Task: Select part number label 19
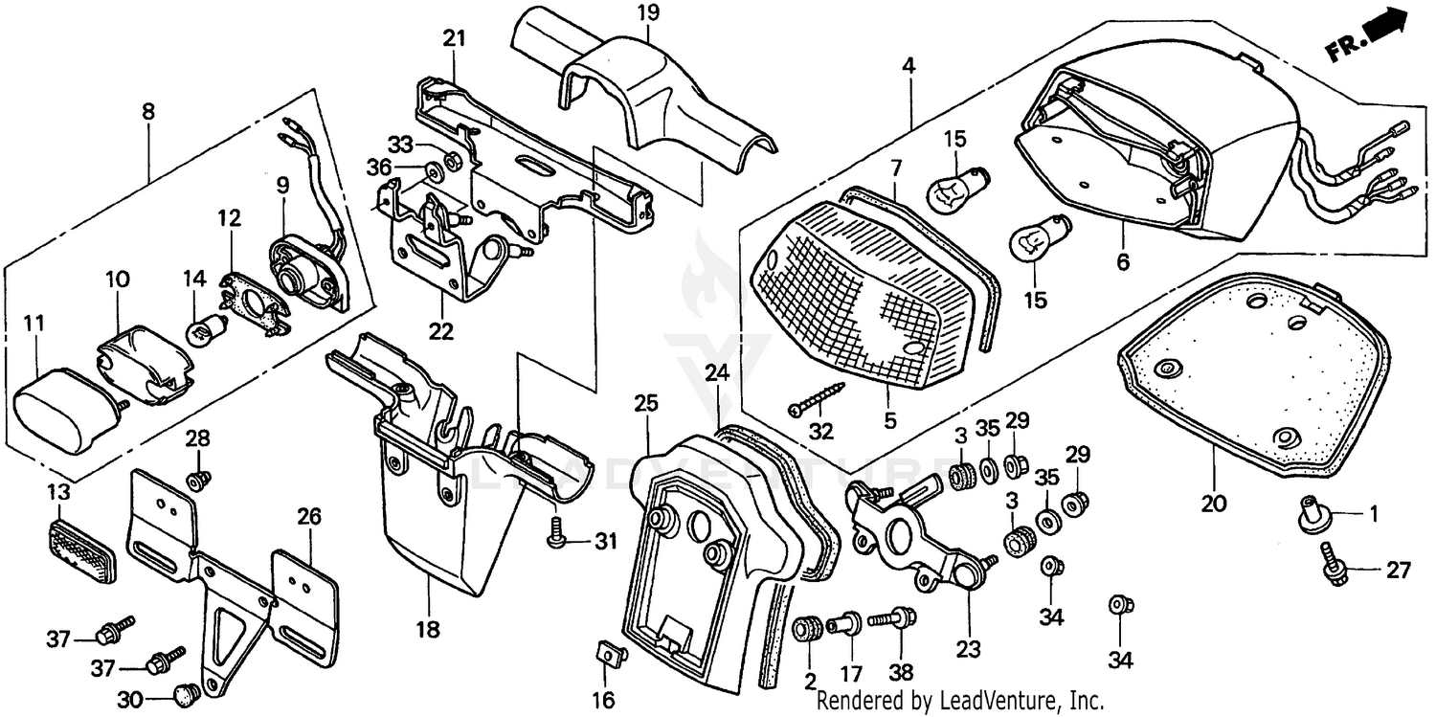pyautogui.click(x=648, y=12)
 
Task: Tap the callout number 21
pyautogui.click(x=453, y=38)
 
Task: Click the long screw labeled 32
pyautogui.click(x=819, y=398)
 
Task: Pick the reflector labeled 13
pyautogui.click(x=80, y=551)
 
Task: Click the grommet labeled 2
pyautogui.click(x=808, y=630)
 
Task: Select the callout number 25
pyautogui.click(x=646, y=404)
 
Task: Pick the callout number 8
pyautogui.click(x=148, y=112)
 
